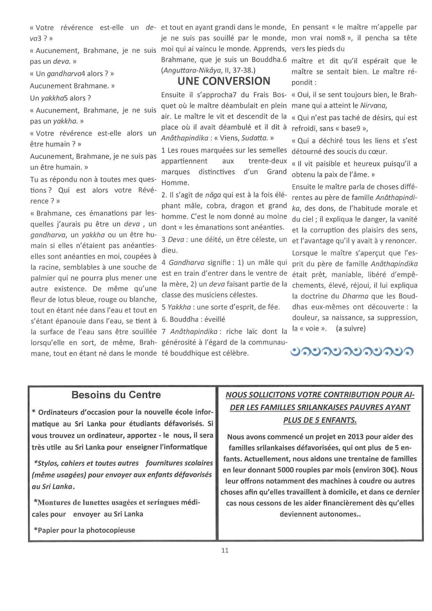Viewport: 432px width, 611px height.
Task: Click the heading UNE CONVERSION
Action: (x=224, y=81)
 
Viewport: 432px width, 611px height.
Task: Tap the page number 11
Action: (x=225, y=550)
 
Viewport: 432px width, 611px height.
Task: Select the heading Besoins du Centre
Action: (x=116, y=395)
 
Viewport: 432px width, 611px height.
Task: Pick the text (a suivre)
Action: (x=351, y=329)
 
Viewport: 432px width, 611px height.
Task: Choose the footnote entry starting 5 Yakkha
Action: (x=221, y=307)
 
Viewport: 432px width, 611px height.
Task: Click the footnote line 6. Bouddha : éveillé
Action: (x=193, y=319)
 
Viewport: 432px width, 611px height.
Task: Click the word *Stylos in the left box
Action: (x=46, y=463)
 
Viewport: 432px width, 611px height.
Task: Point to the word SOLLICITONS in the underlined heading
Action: (x=268, y=395)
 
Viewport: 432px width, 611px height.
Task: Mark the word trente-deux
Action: (x=268, y=161)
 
